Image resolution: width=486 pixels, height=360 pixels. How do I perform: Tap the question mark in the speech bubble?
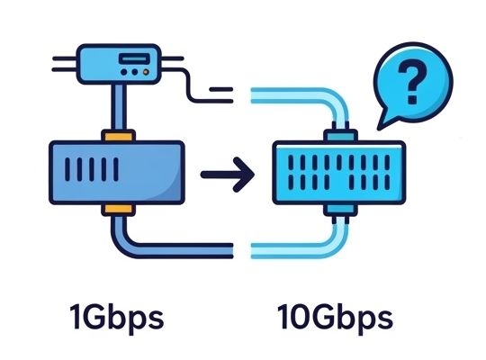(x=412, y=82)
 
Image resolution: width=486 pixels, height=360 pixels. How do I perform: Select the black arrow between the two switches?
(x=228, y=175)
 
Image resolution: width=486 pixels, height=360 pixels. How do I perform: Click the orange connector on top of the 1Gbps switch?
(x=119, y=136)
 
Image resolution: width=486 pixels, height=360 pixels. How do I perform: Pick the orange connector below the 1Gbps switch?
(x=119, y=210)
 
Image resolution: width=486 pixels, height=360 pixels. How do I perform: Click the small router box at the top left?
(x=119, y=64)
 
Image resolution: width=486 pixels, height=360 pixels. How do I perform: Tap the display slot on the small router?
(x=134, y=58)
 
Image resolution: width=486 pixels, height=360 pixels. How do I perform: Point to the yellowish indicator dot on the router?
(x=146, y=72)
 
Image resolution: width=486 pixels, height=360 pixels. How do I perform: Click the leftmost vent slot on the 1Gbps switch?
(x=67, y=169)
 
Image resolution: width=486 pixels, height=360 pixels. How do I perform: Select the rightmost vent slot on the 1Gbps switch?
(x=116, y=169)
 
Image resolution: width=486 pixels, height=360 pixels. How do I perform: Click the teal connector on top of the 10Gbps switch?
(x=340, y=136)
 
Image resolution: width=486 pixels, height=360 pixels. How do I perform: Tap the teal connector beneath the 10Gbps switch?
(x=340, y=210)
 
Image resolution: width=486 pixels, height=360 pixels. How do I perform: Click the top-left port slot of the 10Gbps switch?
(x=291, y=163)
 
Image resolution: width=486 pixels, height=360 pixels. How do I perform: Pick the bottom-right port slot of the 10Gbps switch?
(x=387, y=182)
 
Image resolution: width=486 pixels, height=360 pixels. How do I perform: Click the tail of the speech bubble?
(x=386, y=120)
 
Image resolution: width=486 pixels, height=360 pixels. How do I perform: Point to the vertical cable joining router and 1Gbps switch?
(x=119, y=107)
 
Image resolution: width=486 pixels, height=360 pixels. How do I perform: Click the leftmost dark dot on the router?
(x=123, y=72)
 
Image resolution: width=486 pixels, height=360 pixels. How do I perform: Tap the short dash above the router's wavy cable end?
(x=221, y=89)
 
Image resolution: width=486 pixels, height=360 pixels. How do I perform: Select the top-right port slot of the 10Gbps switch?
(x=387, y=163)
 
